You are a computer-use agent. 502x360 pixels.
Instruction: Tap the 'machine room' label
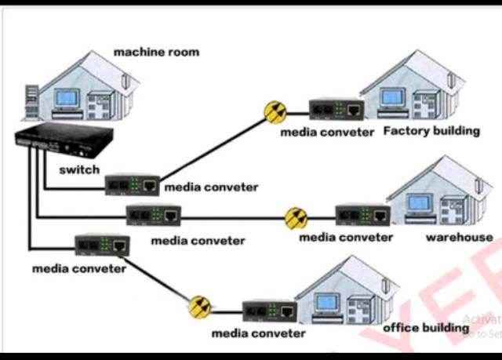[156, 53]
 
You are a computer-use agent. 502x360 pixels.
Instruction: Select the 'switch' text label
[79, 169]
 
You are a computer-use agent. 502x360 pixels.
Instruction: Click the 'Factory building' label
[431, 131]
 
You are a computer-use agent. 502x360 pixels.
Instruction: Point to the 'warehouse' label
[459, 237]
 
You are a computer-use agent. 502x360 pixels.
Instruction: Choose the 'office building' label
[425, 327]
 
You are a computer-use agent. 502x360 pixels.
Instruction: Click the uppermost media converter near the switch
[133, 185]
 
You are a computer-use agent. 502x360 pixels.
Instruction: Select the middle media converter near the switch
[154, 215]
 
